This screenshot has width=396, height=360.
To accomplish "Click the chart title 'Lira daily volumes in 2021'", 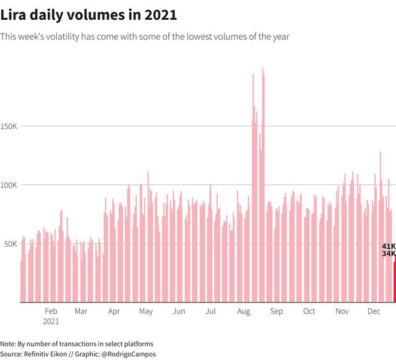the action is coord(88,15).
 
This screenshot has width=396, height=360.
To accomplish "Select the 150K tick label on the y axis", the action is coord(9,126).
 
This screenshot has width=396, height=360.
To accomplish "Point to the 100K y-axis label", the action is coord(9,185).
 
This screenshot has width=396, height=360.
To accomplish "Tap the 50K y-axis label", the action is coord(11,244).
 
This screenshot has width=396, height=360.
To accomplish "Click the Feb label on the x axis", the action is coord(51,311).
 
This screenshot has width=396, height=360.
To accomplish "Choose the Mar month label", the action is coord(81,311).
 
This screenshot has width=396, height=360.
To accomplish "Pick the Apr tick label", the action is coord(114,312).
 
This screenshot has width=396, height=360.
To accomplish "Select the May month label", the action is coord(146,312).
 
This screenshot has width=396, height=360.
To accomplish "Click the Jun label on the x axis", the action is coord(179,311).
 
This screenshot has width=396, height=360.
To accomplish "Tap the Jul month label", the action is coord(210,311).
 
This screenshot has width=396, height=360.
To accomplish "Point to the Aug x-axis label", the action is coord(243,312).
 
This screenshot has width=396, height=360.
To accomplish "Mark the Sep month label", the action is coord(277,312).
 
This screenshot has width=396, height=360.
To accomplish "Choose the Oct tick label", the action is coord(309,311).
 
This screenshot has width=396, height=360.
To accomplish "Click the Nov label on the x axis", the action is coord(342,311).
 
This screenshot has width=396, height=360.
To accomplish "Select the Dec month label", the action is coord(374,311).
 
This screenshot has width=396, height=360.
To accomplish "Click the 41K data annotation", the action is coord(389,246).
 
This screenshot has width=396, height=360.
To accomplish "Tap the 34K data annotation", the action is coord(389,254).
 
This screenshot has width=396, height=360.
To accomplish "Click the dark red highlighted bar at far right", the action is coord(395,280).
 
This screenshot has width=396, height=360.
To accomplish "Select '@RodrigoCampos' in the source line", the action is coord(129,354).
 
